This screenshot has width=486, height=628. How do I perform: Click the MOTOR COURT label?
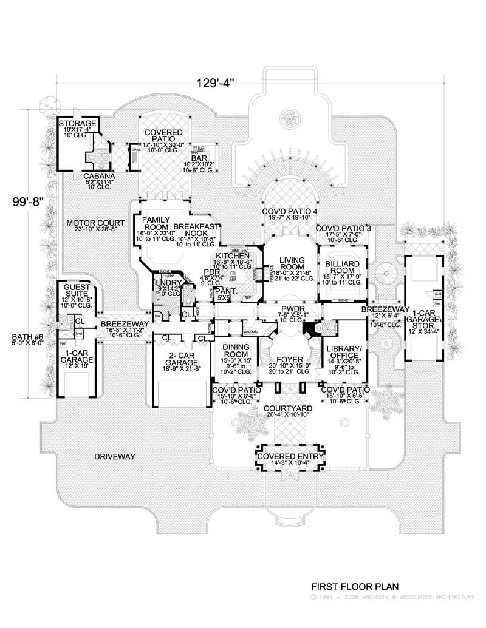point(96,223)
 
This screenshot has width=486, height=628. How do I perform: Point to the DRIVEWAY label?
point(114,456)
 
